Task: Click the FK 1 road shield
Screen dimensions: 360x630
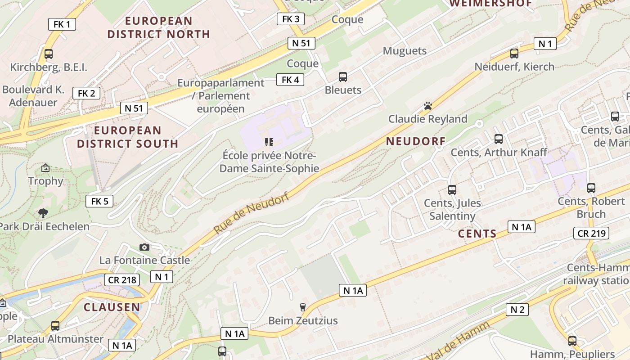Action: (62, 24)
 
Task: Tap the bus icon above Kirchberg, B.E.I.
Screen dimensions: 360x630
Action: (49, 54)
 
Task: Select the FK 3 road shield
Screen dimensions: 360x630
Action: (290, 19)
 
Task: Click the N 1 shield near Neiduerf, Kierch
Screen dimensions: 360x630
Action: (545, 44)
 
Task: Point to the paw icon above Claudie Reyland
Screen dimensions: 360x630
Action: (427, 106)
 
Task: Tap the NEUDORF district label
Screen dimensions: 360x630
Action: (416, 141)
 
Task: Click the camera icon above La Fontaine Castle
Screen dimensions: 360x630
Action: (144, 247)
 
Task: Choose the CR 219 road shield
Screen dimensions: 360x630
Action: (591, 233)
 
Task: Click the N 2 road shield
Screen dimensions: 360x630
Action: (517, 309)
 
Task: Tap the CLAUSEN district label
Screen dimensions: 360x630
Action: (112, 307)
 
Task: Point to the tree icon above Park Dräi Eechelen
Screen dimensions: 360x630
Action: (44, 213)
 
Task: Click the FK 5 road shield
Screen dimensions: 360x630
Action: (99, 201)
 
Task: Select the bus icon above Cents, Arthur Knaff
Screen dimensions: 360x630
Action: (498, 139)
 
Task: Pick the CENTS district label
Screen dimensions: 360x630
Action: (477, 234)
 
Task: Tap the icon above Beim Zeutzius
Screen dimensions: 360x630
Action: (303, 307)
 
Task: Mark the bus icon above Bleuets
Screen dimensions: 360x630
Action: (343, 77)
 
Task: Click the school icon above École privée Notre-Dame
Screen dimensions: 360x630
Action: (269, 143)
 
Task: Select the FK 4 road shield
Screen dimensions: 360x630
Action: (290, 80)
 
